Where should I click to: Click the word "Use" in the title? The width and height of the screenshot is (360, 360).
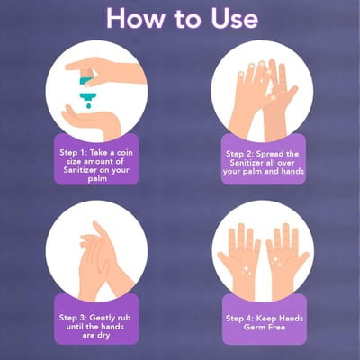click(234, 19)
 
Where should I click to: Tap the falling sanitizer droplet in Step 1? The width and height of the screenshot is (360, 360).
click(88, 105)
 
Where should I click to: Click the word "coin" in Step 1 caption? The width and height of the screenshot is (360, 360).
click(124, 153)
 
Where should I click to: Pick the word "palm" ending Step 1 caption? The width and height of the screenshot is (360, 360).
click(97, 179)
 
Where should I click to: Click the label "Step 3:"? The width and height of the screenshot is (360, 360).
click(73, 318)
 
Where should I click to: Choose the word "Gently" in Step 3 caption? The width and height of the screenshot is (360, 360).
click(103, 318)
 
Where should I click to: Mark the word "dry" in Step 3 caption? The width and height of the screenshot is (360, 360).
click(103, 336)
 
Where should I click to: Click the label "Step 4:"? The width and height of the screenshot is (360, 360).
click(239, 319)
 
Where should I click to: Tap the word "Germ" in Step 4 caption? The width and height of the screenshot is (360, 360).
click(253, 327)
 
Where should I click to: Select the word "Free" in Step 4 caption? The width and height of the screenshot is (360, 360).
click(275, 327)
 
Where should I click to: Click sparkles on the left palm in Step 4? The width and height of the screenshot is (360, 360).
click(247, 270)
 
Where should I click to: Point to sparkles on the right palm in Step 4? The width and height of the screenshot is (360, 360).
click(275, 261)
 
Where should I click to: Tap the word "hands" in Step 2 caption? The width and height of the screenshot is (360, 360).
click(292, 171)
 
